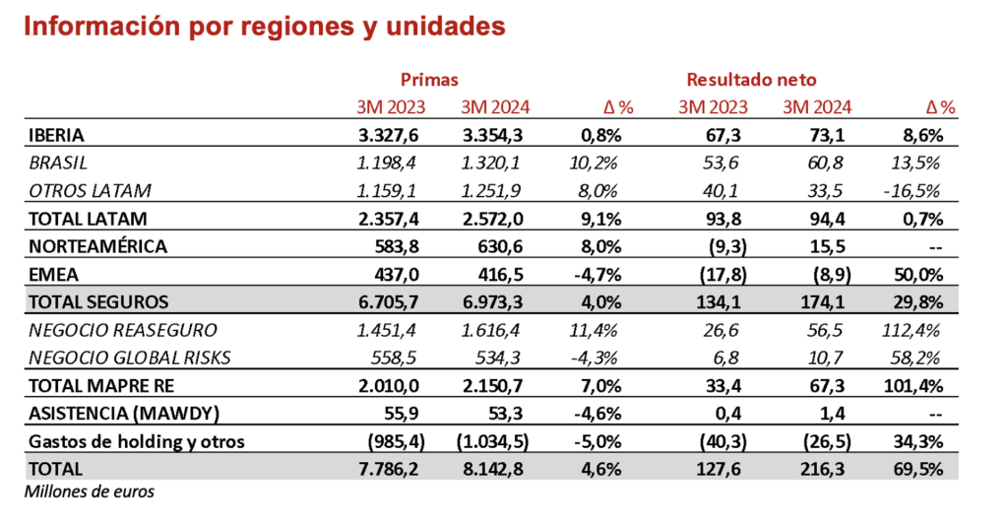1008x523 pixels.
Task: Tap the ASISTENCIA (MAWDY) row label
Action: click(110, 414)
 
